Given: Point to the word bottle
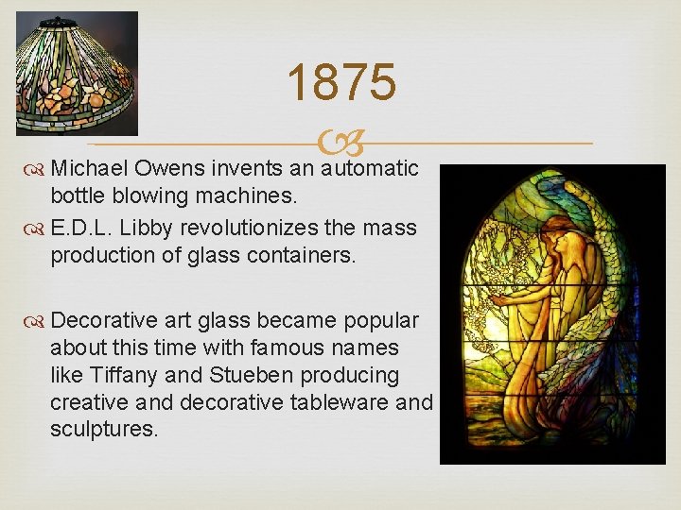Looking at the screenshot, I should (79, 198).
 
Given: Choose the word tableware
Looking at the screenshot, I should (332, 401).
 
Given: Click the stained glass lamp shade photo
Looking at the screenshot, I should (77, 73).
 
